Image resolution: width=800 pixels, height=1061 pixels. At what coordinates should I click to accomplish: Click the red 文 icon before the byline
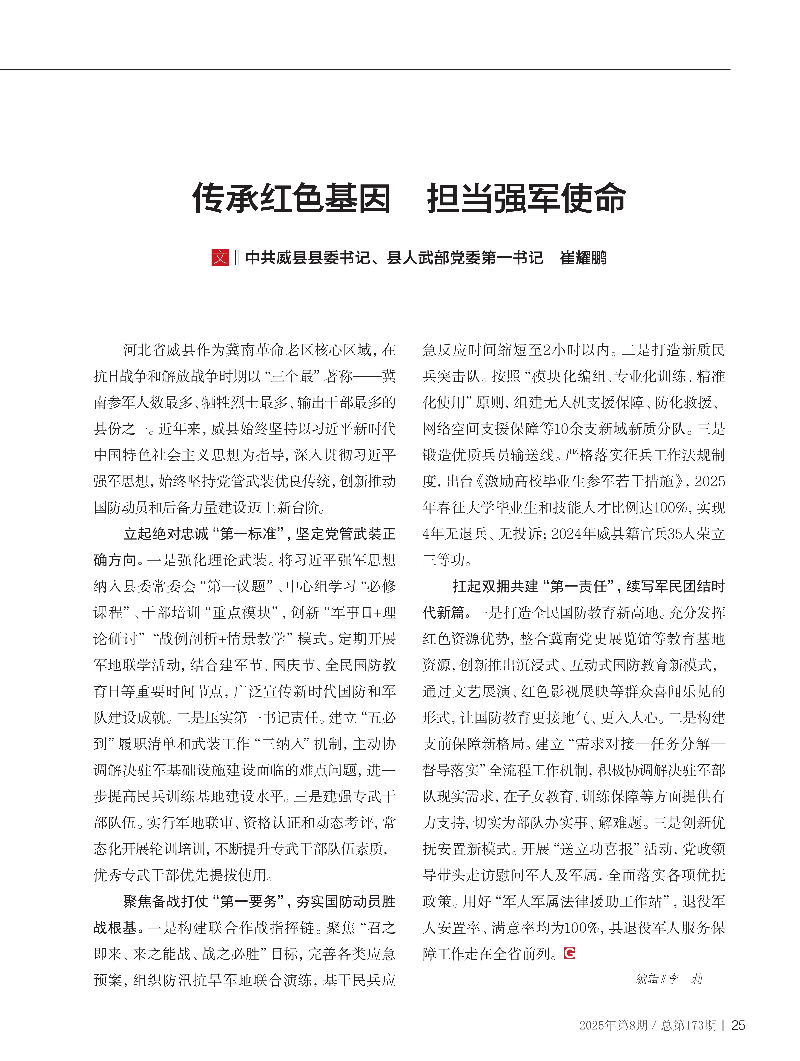coord(220,258)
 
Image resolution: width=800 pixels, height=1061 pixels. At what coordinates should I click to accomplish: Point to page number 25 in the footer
coord(738,1025)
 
